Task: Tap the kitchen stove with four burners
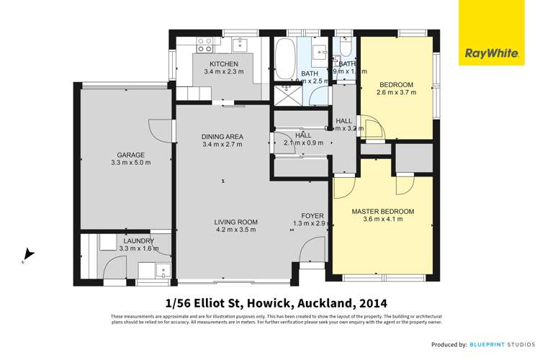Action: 205,45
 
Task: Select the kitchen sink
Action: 241,45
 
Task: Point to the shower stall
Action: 287,94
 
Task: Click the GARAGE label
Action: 132,155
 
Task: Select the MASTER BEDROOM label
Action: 382,211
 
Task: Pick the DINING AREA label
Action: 222,136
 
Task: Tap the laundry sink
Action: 164,273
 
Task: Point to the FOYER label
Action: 312,215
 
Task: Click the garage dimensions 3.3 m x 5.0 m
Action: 131,163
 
